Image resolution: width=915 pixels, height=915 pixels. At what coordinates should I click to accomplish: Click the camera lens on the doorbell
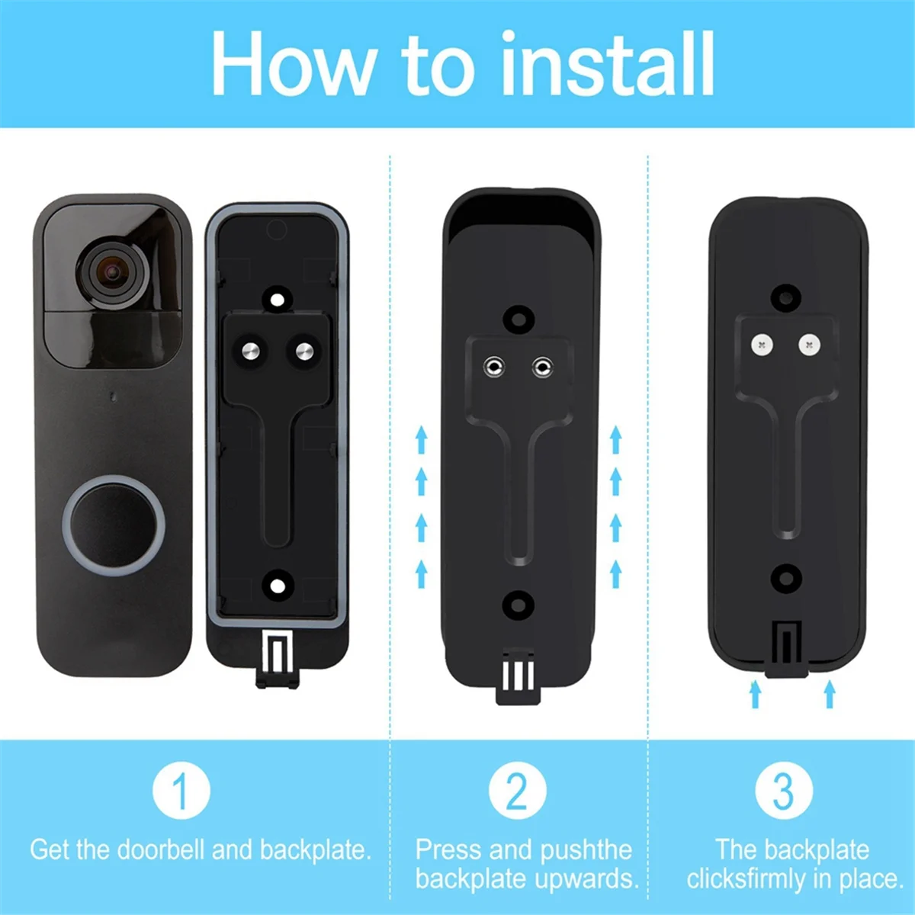114,272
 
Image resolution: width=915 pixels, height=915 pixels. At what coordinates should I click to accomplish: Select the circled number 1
181,791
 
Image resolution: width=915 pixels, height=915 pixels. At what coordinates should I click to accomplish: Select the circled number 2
517,791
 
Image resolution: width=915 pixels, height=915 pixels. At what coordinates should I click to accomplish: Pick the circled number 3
784,791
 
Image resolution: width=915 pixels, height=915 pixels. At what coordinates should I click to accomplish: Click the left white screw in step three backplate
761,345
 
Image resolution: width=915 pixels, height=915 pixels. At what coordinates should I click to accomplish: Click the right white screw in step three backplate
810,345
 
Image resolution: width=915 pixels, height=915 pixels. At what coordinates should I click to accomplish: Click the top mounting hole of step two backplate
519,316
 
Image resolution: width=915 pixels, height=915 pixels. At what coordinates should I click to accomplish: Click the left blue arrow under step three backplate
755,693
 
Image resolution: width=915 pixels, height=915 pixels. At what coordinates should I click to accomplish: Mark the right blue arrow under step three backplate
830,693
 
